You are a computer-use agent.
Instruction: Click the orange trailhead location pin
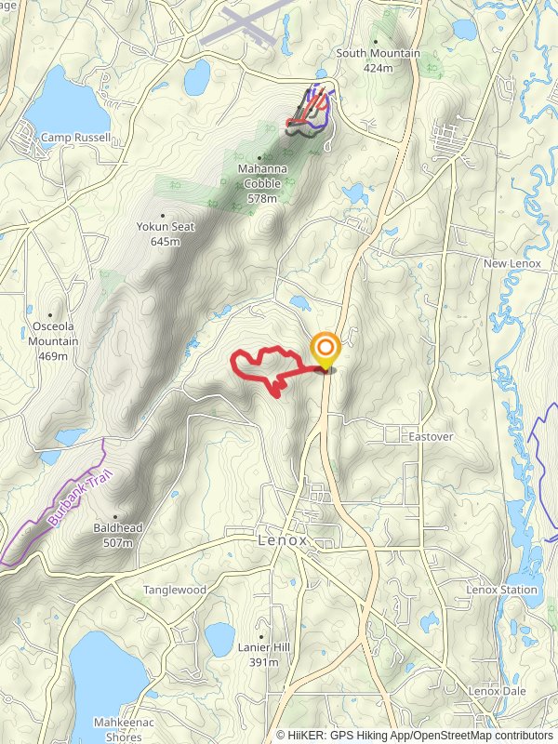(x=325, y=351)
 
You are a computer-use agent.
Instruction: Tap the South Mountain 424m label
(x=379, y=60)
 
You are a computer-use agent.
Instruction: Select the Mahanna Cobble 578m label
(x=262, y=183)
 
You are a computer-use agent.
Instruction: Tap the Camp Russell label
(x=75, y=138)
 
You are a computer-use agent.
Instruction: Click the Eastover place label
(x=430, y=434)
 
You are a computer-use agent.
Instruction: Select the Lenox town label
(x=282, y=539)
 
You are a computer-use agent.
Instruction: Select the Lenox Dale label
(x=498, y=691)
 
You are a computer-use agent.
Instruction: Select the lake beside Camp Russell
(x=58, y=103)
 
